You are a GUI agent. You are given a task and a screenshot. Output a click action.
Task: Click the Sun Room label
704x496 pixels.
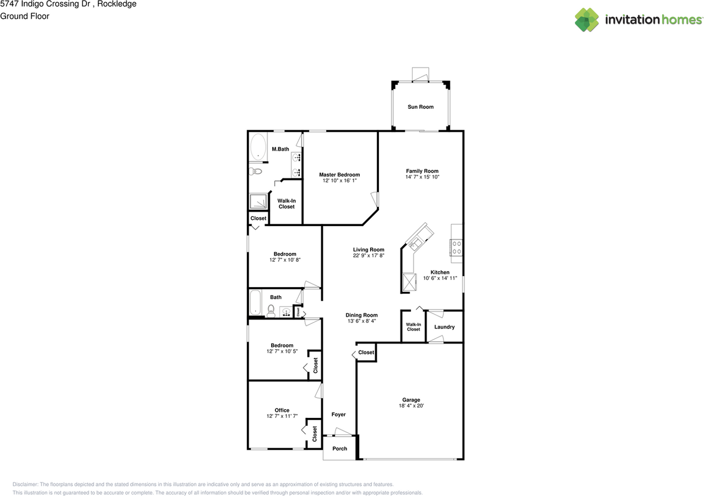(x=420, y=107)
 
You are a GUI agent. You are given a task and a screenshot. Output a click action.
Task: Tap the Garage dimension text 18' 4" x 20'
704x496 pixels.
(x=411, y=406)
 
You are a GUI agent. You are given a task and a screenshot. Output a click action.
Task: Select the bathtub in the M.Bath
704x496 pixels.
(x=257, y=147)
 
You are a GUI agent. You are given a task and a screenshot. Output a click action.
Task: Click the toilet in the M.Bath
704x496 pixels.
(x=255, y=172)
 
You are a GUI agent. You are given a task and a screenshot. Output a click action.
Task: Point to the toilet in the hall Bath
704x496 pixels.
(x=271, y=312)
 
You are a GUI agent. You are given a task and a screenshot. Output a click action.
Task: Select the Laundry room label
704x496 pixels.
(x=444, y=327)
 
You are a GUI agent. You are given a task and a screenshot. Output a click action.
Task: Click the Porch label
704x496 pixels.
(x=340, y=448)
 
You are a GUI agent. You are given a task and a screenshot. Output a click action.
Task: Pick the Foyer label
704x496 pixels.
(x=338, y=415)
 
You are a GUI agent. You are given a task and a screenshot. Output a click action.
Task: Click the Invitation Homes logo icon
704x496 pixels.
(x=586, y=20)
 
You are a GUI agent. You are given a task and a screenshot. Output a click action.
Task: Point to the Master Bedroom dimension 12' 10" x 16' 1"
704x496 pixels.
(x=339, y=181)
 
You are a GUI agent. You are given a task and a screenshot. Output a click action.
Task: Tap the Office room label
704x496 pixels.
(x=282, y=410)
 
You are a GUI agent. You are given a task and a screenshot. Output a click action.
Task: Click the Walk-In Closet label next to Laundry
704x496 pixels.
(x=414, y=327)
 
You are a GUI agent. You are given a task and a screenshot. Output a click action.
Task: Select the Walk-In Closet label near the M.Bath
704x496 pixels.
(x=286, y=203)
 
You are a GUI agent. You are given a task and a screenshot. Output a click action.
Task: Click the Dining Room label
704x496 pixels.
(x=361, y=315)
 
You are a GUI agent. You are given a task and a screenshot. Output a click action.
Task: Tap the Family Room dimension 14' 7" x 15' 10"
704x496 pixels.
(x=422, y=177)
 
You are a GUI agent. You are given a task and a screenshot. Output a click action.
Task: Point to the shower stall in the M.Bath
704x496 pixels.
(x=257, y=202)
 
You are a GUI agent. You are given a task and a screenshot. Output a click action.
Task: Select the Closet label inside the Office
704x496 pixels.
(x=315, y=434)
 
